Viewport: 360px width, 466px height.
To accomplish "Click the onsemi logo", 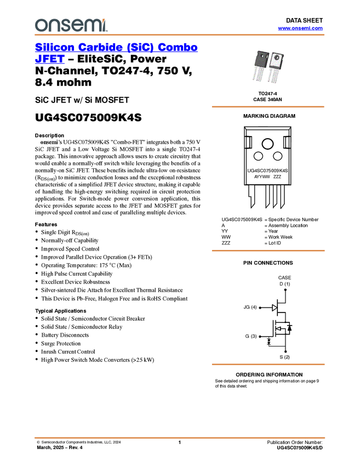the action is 71,24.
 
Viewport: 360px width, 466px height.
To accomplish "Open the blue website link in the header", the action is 300,28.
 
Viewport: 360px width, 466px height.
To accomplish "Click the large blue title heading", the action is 116,48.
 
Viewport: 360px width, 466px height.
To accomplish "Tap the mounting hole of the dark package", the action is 262,55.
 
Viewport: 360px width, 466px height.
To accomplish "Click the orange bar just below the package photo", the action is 268,106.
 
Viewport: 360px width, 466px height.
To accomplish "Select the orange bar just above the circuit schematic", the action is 268,251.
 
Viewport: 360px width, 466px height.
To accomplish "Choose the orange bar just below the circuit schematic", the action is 268,364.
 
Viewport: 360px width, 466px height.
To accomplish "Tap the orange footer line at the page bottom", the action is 179,438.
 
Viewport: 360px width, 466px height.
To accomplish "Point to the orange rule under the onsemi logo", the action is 179,35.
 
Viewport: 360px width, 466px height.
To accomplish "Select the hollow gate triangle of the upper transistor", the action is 275,308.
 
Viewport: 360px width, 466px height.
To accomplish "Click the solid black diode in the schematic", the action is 289,328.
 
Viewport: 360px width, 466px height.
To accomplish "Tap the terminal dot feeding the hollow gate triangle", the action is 260,308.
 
